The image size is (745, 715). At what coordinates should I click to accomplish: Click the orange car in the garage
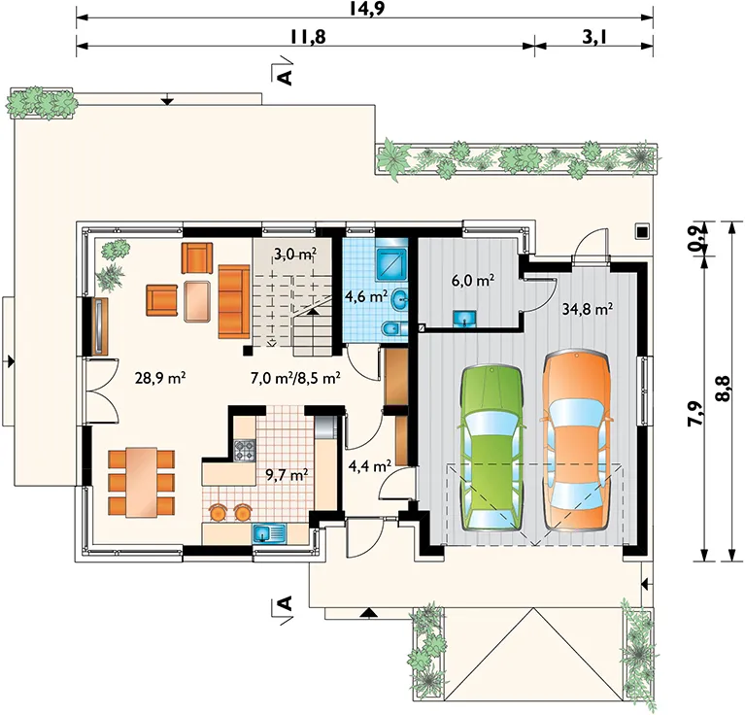tap(577, 440)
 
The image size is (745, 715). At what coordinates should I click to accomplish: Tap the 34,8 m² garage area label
tap(587, 310)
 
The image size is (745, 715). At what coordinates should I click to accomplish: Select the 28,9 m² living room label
tap(159, 378)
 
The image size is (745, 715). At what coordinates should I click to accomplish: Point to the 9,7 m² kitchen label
tap(287, 475)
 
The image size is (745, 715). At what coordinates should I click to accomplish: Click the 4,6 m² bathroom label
tap(366, 297)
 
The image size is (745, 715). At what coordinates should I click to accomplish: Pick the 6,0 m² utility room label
tap(472, 281)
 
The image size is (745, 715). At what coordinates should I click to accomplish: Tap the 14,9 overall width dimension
tap(365, 8)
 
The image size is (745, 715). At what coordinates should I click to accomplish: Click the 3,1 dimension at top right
tap(594, 37)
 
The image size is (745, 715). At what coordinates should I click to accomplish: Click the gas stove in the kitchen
tap(245, 450)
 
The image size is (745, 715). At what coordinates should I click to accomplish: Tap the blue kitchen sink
tap(269, 533)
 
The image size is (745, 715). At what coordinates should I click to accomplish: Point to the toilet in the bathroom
tap(394, 328)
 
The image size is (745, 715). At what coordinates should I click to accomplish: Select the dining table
tap(141, 482)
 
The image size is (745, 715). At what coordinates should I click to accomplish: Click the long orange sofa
tap(234, 302)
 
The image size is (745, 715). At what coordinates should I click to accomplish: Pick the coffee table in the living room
tap(197, 302)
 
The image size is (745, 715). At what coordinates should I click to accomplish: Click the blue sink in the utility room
tap(465, 320)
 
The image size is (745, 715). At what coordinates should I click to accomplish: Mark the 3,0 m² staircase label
tap(295, 255)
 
